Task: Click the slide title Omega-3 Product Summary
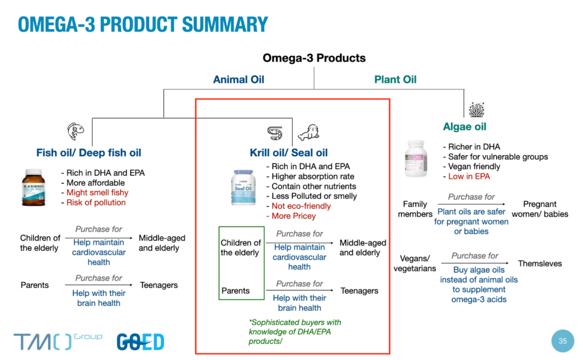pyautogui.click(x=143, y=25)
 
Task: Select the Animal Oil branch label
pyautogui.click(x=239, y=80)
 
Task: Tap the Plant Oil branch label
pyautogui.click(x=395, y=80)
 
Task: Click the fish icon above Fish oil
pyautogui.click(x=76, y=131)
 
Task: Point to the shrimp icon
pyautogui.click(x=275, y=133)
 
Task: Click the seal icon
pyautogui.click(x=309, y=133)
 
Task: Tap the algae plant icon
pyautogui.click(x=476, y=109)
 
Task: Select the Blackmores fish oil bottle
pyautogui.click(x=33, y=188)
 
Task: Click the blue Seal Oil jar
pyautogui.click(x=243, y=188)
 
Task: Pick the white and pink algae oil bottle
pyautogui.click(x=416, y=159)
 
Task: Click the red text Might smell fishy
pyautogui.click(x=97, y=193)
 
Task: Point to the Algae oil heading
pyautogui.click(x=465, y=127)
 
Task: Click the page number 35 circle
pyautogui.click(x=563, y=341)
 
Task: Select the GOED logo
pyautogui.click(x=140, y=342)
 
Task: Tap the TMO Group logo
pyautogui.click(x=58, y=341)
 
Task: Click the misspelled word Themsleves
pyautogui.click(x=540, y=263)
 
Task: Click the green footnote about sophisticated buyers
pyautogui.click(x=295, y=331)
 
